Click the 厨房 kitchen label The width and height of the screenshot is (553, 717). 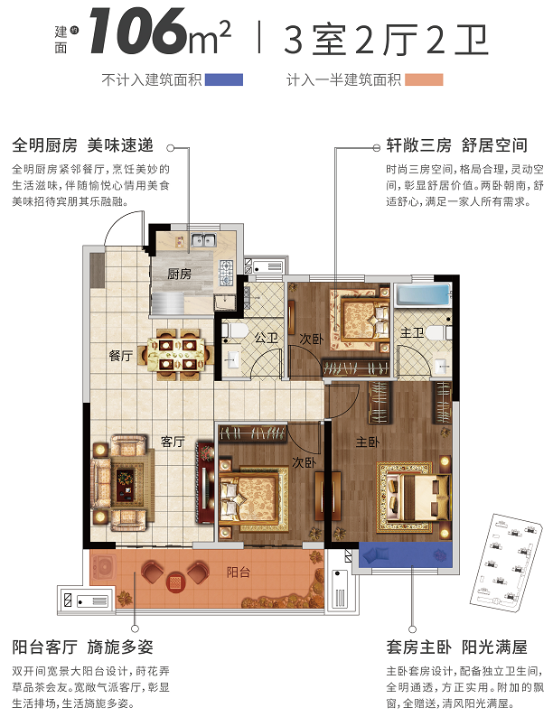point(179,274)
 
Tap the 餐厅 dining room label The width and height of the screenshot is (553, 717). point(121,355)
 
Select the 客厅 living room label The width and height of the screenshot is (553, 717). point(173,442)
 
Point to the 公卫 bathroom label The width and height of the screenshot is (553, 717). point(267,338)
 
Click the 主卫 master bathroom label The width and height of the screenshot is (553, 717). point(412,332)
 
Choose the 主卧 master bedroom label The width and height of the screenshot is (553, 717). point(368,442)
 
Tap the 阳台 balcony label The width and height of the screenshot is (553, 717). point(239,572)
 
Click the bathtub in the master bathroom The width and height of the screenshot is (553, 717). point(423,294)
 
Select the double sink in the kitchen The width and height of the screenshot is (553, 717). point(203,239)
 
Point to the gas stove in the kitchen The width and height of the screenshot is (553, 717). point(226,273)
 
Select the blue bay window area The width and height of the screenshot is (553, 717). point(406,554)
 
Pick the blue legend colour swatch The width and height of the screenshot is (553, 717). point(224,80)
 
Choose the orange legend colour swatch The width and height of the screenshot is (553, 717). point(424,80)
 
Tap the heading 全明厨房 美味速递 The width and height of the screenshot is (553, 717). point(83,145)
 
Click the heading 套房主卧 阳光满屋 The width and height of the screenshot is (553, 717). point(456,647)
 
